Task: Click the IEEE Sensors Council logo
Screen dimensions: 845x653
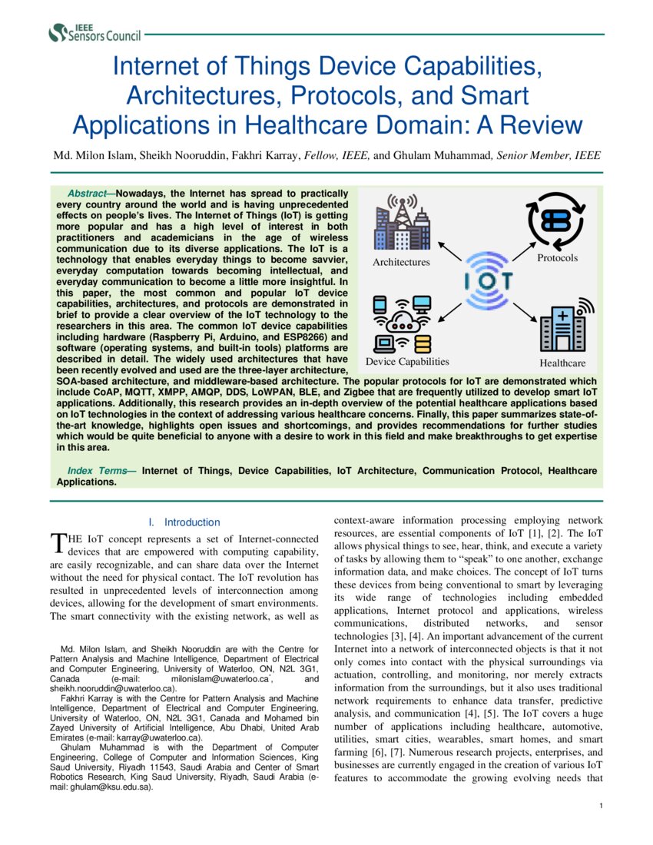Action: tap(94, 32)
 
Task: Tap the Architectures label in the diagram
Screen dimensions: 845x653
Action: tap(401, 263)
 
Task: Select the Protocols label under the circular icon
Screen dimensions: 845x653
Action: tap(557, 258)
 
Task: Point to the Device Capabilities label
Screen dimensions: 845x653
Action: tap(407, 362)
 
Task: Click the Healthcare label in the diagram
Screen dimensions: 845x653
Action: tap(562, 363)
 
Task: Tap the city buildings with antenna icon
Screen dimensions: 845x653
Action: tap(401, 224)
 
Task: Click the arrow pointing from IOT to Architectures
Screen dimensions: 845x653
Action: tap(449, 251)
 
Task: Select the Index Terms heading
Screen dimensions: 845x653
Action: tap(101, 470)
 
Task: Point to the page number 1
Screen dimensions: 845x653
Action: tap(600, 805)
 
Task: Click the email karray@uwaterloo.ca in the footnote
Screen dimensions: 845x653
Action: tap(163, 737)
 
